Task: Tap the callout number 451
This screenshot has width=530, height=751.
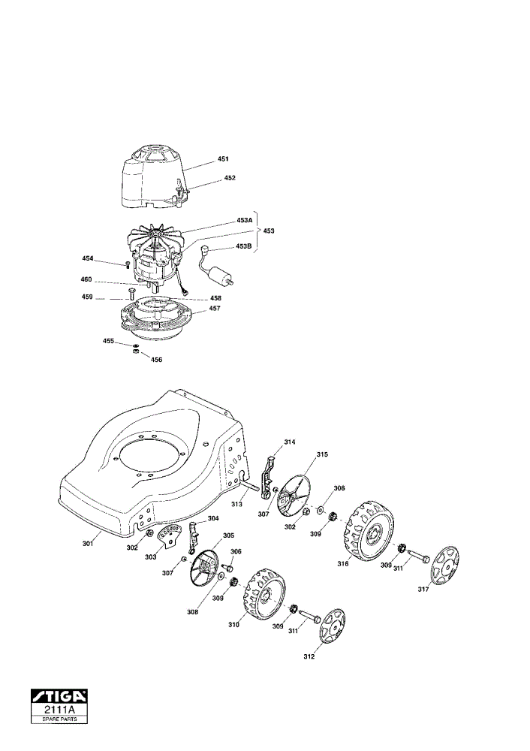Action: coord(223,158)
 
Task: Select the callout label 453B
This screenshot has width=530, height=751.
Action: coord(244,246)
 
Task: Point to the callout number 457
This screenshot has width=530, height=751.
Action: coord(215,309)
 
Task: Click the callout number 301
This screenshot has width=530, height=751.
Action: coord(88,543)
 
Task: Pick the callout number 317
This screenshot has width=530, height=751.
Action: coord(423,590)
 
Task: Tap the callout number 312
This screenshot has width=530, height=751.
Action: coord(309,656)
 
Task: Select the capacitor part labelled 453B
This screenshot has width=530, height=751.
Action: coord(216,269)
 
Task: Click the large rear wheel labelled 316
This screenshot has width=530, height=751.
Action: coord(368,530)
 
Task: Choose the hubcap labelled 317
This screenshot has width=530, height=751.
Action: coord(444,567)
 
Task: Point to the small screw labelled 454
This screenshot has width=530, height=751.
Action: coord(128,265)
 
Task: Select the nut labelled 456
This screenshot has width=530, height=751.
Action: coord(135,352)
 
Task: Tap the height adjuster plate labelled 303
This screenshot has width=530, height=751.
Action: coord(170,535)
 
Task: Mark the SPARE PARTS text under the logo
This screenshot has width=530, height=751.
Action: coord(59,719)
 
